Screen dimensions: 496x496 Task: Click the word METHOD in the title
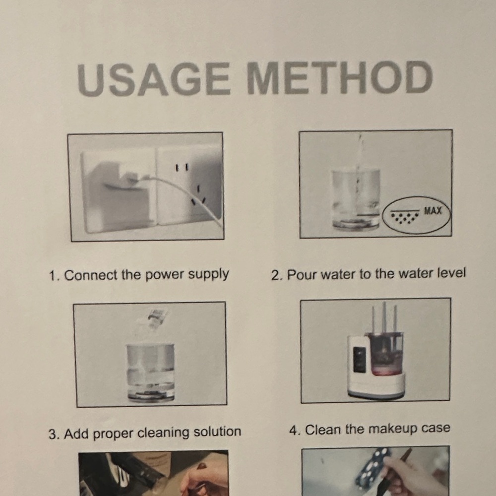[340, 77]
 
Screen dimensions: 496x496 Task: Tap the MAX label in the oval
[433, 211]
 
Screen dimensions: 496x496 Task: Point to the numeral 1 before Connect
[53, 276]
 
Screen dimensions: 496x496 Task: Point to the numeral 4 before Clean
[293, 431]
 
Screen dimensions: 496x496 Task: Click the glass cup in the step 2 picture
[356, 199]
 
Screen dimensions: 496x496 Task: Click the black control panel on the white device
[359, 360]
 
